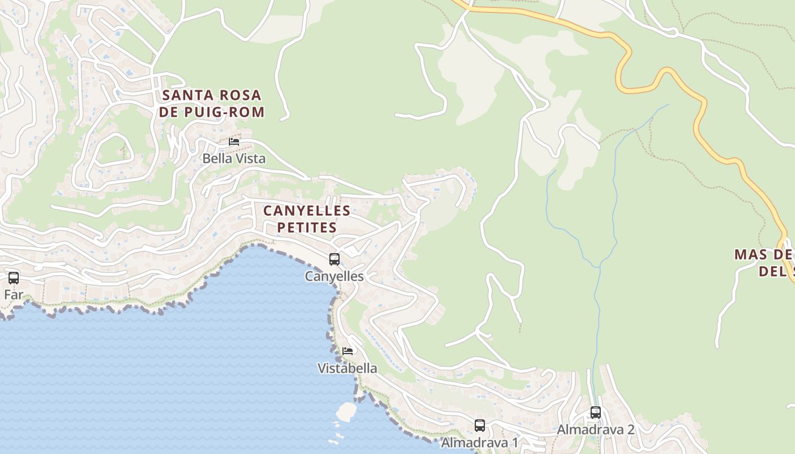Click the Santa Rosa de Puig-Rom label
[x=212, y=103]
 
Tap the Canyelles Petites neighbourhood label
[x=307, y=219]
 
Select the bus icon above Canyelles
[x=334, y=259]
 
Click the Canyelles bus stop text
[x=334, y=276]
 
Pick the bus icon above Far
[x=14, y=278]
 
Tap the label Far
[x=14, y=295]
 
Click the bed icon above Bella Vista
[x=234, y=142]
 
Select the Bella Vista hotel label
[x=234, y=158]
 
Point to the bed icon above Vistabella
[x=348, y=351]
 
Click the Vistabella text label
[x=347, y=368]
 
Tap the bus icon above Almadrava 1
[x=480, y=426]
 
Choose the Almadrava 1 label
[x=480, y=443]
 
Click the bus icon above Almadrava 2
[x=596, y=413]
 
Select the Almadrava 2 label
[x=596, y=430]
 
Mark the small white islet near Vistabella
[x=346, y=411]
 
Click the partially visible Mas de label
[x=764, y=262]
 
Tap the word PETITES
[x=307, y=228]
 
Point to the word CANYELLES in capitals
[x=307, y=211]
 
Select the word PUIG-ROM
[x=235, y=112]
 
